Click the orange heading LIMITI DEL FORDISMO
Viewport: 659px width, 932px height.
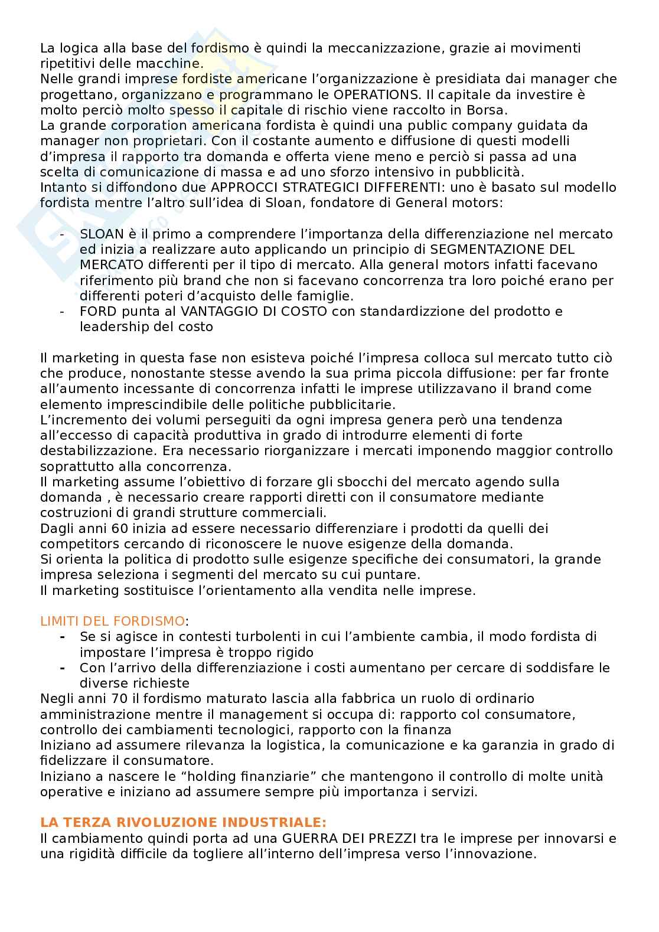[x=112, y=621]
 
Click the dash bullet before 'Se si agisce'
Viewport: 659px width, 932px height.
[x=63, y=637]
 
